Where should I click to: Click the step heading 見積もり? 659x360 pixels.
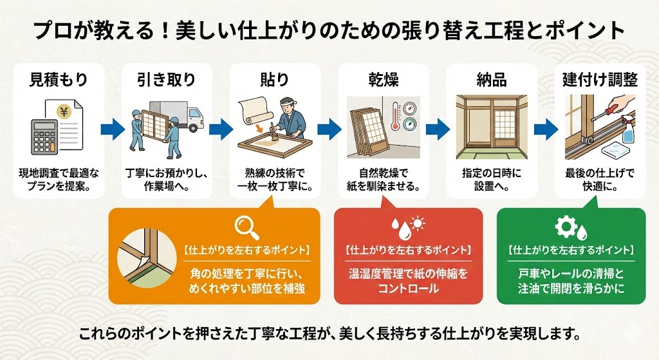tap(59, 80)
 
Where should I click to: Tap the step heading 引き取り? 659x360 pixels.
tap(166, 80)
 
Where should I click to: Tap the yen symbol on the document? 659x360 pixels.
tap(65, 111)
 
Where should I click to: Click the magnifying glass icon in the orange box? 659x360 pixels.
tap(246, 226)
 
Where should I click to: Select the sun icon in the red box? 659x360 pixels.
tap(418, 225)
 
